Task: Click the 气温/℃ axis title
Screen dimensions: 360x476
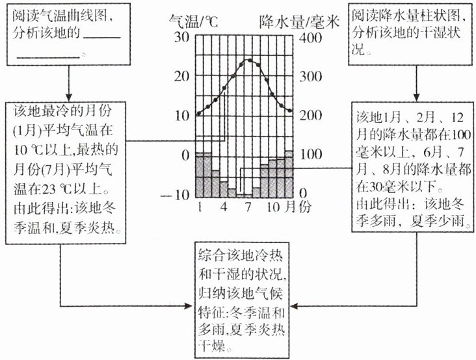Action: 191,20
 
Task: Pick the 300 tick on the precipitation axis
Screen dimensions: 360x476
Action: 310,76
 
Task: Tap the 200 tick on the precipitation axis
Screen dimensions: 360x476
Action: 310,116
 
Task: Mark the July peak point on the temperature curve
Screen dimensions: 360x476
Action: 248,60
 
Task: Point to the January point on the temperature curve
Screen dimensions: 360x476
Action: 199,114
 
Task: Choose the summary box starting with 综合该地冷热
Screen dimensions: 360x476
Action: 241,298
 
